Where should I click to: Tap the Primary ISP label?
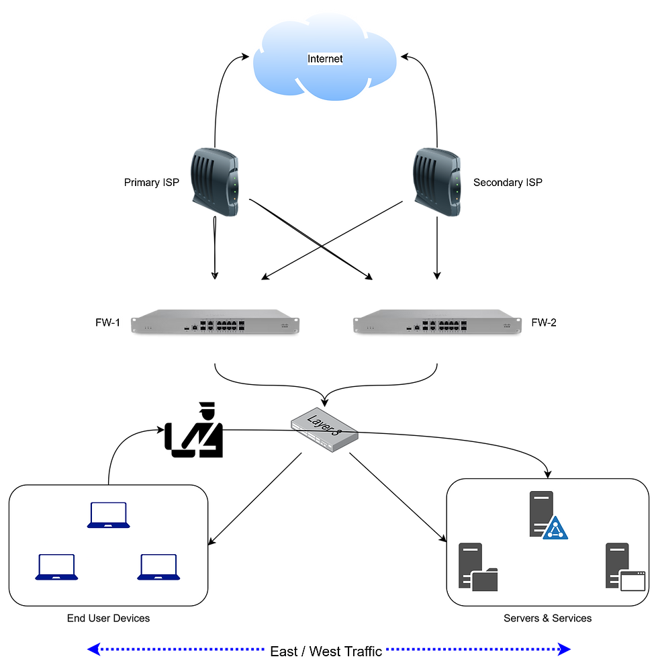(152, 182)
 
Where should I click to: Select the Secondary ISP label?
(508, 182)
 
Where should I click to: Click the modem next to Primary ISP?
(214, 182)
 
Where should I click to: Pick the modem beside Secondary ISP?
(437, 182)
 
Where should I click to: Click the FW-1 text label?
(107, 323)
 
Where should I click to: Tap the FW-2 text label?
(544, 323)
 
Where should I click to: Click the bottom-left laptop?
(57, 567)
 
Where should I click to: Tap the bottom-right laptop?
(158, 567)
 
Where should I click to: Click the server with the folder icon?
(477, 567)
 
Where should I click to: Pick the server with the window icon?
(624, 567)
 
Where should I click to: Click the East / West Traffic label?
(326, 651)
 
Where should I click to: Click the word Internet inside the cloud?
(325, 59)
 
